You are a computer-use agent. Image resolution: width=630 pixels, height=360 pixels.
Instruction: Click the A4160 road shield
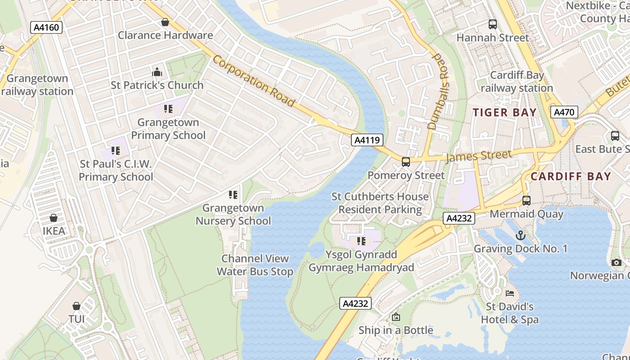46,27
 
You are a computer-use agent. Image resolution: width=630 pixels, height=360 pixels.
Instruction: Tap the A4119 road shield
367,140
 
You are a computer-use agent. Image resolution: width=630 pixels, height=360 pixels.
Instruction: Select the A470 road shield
564,112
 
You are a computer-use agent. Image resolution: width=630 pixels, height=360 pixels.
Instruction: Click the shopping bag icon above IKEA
54,218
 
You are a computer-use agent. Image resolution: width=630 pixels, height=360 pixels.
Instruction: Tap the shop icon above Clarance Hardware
165,22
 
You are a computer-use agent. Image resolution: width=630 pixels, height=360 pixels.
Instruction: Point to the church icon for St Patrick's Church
157,72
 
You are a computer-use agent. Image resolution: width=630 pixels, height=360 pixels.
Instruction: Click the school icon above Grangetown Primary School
168,109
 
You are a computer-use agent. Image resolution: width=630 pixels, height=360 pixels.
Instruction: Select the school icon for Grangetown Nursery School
233,195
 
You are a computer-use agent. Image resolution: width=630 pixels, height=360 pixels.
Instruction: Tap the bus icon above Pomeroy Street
406,162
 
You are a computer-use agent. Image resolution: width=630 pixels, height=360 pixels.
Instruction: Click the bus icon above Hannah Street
493,24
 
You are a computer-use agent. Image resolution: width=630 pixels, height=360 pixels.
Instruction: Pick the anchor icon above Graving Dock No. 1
520,235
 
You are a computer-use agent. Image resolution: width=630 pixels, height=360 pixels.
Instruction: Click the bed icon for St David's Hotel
509,293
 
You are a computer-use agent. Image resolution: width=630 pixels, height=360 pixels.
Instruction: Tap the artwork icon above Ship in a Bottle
396,317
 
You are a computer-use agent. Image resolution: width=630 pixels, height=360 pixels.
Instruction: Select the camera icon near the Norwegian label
616,262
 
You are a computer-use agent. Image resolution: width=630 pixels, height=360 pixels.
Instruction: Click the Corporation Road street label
254,81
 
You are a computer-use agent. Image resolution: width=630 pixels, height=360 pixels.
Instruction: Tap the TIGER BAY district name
504,112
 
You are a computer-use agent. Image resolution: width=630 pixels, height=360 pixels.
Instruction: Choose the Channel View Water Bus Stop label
255,265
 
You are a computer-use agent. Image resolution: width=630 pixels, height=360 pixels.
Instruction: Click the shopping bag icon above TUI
76,306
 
